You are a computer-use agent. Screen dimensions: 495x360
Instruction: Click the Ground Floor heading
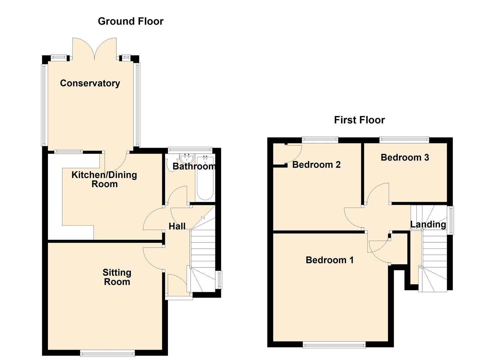[x=131, y=21]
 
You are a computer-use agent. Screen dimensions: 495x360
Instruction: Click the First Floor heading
[x=359, y=120]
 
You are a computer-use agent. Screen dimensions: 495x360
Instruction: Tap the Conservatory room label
[x=90, y=83]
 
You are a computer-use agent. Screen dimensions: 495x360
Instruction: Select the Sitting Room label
[x=117, y=277]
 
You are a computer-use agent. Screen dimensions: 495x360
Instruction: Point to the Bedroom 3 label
[x=405, y=157]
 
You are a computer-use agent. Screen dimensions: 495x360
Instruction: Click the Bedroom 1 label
[x=329, y=260]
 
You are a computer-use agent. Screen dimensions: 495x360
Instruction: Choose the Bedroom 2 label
[x=316, y=165]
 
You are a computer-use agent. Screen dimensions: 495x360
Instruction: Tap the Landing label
[x=428, y=225]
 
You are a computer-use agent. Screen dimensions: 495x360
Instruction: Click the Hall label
[x=177, y=226]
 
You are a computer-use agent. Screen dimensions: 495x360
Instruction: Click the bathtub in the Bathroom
[x=205, y=178]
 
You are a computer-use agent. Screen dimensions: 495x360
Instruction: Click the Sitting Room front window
[x=107, y=353]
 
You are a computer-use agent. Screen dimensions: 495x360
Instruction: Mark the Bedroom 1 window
[x=334, y=345]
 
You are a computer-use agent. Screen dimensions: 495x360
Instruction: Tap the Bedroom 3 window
[x=404, y=140]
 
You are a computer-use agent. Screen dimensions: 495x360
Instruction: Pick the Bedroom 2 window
[x=320, y=140]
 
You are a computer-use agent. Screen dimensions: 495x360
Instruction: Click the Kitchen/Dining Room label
[x=104, y=179]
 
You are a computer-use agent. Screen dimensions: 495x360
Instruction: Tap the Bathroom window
[x=190, y=150]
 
